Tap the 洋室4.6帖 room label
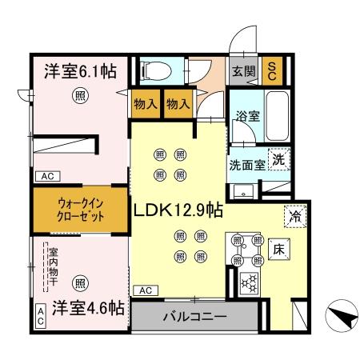(77, 307)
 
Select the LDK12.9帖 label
(178, 210)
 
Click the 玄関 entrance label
(242, 70)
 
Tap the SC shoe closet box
(272, 70)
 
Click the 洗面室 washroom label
(247, 166)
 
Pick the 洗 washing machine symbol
(278, 160)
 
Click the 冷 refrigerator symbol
(294, 214)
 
